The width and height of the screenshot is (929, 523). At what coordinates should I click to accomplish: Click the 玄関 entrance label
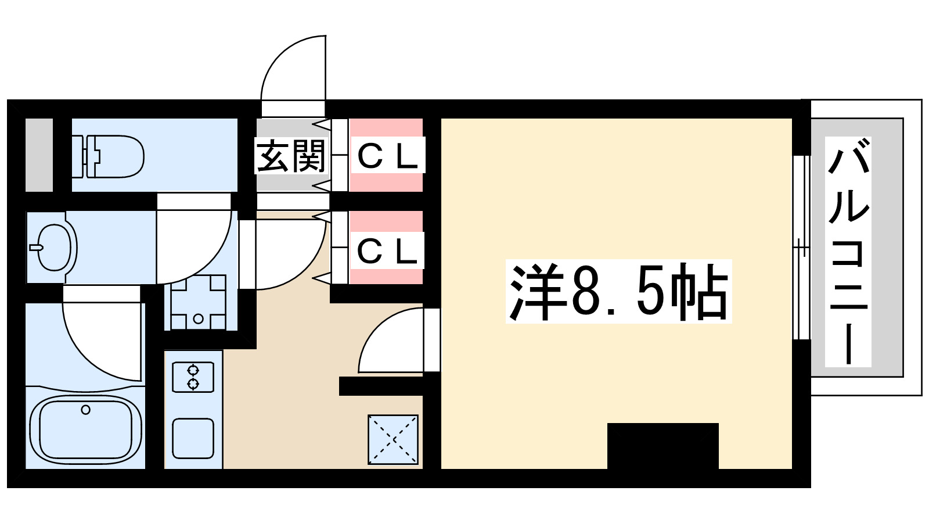click(x=291, y=156)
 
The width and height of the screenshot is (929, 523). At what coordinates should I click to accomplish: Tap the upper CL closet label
click(x=387, y=155)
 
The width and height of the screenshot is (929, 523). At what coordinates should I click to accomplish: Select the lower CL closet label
click(x=387, y=251)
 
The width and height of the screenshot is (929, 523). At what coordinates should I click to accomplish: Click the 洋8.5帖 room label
click(x=618, y=292)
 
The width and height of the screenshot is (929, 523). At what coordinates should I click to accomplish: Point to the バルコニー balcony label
click(x=848, y=251)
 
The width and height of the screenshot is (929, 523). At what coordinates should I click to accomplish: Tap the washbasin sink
click(x=53, y=248)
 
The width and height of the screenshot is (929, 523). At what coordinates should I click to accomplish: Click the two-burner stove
click(x=193, y=377)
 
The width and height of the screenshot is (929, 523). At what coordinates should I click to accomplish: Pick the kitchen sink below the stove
click(x=193, y=438)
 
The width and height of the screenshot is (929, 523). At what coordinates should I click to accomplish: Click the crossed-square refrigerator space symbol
click(x=393, y=439)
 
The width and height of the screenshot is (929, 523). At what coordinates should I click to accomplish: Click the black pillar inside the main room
click(x=662, y=446)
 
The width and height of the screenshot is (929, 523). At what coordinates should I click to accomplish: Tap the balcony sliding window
click(x=801, y=248)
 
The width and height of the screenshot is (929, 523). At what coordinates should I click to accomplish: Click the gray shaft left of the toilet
click(x=39, y=155)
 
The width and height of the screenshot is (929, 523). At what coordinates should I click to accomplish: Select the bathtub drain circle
click(x=86, y=410)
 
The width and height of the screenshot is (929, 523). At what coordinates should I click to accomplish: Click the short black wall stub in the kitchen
click(x=380, y=386)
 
